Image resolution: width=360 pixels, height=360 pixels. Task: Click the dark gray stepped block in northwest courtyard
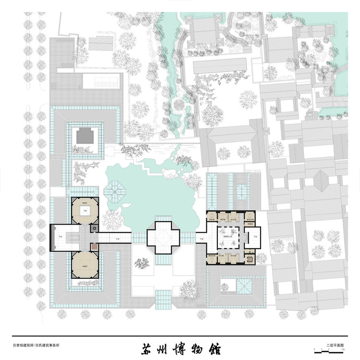[x=87, y=136]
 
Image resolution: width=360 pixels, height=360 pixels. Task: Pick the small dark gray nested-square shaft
[x=95, y=229]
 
